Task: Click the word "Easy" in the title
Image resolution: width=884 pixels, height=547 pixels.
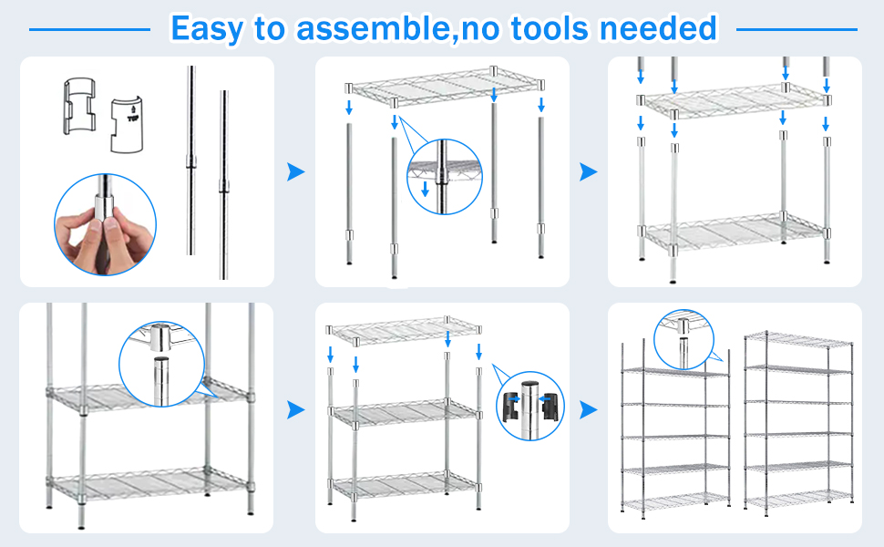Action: click(x=207, y=28)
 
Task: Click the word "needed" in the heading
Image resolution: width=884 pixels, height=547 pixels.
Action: click(x=658, y=28)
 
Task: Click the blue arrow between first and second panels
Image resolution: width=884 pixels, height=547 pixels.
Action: click(x=295, y=171)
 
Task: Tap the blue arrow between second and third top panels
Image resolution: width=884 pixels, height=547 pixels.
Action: click(x=589, y=171)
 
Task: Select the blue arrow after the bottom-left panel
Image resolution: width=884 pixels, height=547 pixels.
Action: click(x=295, y=411)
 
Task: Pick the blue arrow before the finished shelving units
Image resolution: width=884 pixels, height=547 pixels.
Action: click(x=589, y=411)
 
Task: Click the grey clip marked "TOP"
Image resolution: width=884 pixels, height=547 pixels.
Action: click(x=125, y=125)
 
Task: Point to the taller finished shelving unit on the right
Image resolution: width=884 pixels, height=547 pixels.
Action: click(x=798, y=419)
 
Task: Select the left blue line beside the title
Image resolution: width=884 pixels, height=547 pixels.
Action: click(x=89, y=29)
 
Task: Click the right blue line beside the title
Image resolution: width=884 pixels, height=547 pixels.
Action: click(x=797, y=29)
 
